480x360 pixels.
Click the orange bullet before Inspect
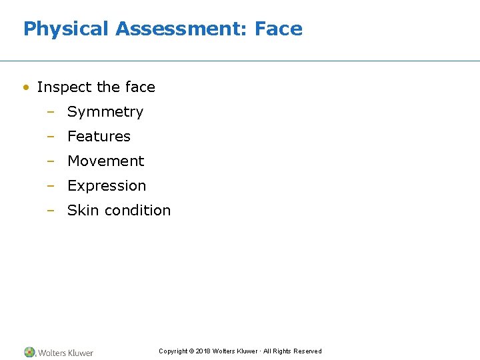pos(25,87)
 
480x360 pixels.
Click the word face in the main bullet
pos(140,87)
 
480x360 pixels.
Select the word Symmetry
pos(105,112)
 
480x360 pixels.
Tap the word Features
pos(99,137)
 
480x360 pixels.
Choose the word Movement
pos(105,161)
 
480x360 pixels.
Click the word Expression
pos(107,186)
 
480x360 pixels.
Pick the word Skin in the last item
pos(83,211)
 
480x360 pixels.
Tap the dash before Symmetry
pos(50,112)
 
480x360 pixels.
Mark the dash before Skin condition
pos(50,211)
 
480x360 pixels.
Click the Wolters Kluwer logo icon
pos(30,352)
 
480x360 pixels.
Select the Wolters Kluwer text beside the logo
pos(65,353)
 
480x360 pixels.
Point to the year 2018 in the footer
pos(203,351)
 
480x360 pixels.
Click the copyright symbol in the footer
pos(191,351)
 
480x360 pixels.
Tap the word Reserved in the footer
pos(308,351)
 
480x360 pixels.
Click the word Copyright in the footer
pos(173,351)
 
